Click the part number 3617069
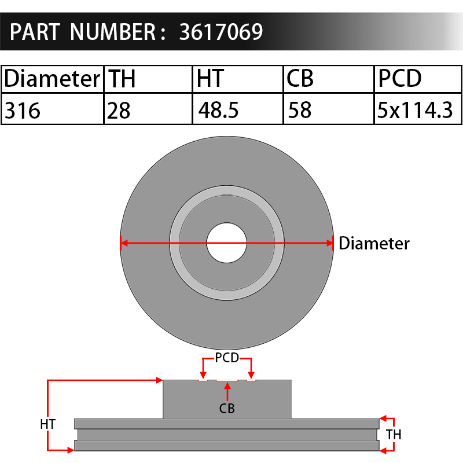coord(221,32)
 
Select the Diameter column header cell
coord(53,79)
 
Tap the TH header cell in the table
coord(148,79)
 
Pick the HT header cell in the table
coord(238,79)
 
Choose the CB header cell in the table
coord(328,79)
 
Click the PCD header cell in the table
coord(418,79)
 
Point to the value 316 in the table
coord(23,111)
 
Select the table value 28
coord(119,111)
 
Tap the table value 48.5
coord(218,110)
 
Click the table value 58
coord(300,110)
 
